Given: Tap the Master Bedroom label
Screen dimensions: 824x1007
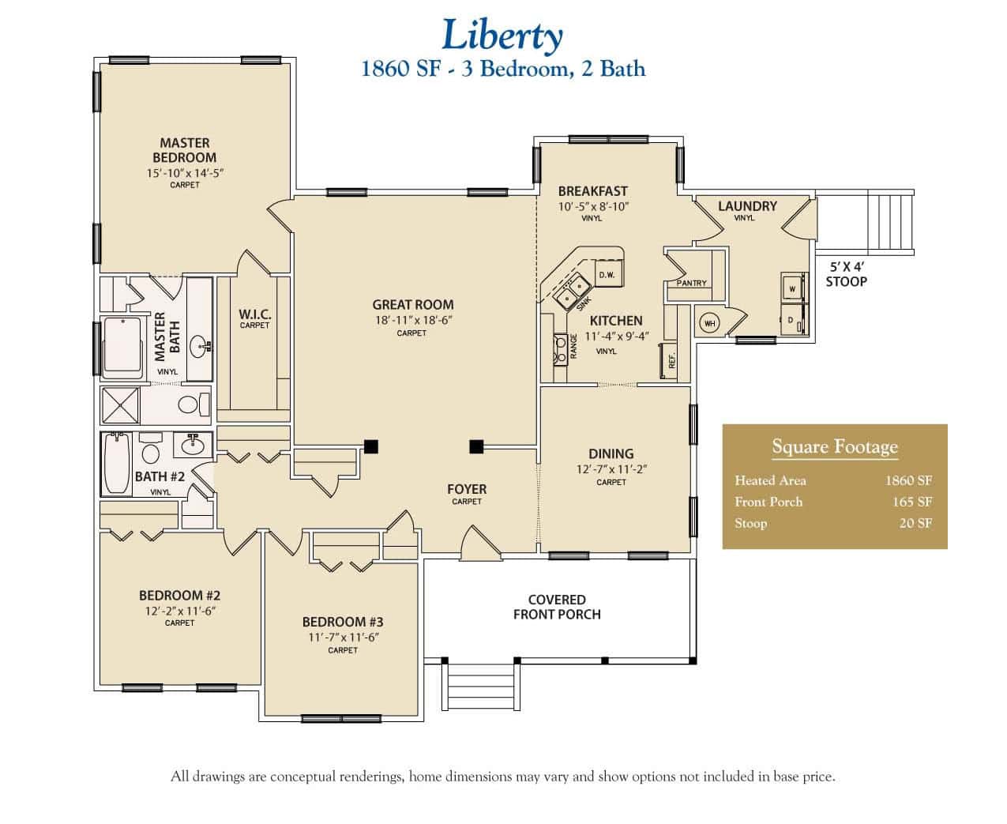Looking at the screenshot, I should click(x=185, y=150).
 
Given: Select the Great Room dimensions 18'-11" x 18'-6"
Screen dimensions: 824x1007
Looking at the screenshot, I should click(x=414, y=320).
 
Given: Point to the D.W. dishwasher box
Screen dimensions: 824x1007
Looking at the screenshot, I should click(x=607, y=274).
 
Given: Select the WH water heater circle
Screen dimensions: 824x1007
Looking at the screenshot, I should click(x=708, y=324).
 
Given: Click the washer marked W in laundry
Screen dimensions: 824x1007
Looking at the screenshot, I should click(x=792, y=288).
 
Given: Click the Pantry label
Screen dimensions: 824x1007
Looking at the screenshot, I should click(x=691, y=283).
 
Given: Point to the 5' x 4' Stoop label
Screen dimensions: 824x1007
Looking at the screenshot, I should click(x=846, y=274).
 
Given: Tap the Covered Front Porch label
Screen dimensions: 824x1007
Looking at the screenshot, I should click(x=557, y=607).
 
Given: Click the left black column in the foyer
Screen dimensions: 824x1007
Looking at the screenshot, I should click(x=371, y=446).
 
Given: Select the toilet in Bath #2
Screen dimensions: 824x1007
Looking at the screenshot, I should click(x=150, y=452).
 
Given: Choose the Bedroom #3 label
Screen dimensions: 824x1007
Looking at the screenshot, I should click(x=343, y=622).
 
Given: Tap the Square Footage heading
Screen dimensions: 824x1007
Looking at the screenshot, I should click(x=835, y=447).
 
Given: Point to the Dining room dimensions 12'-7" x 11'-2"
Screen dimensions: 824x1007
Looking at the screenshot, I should click(x=611, y=469).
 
